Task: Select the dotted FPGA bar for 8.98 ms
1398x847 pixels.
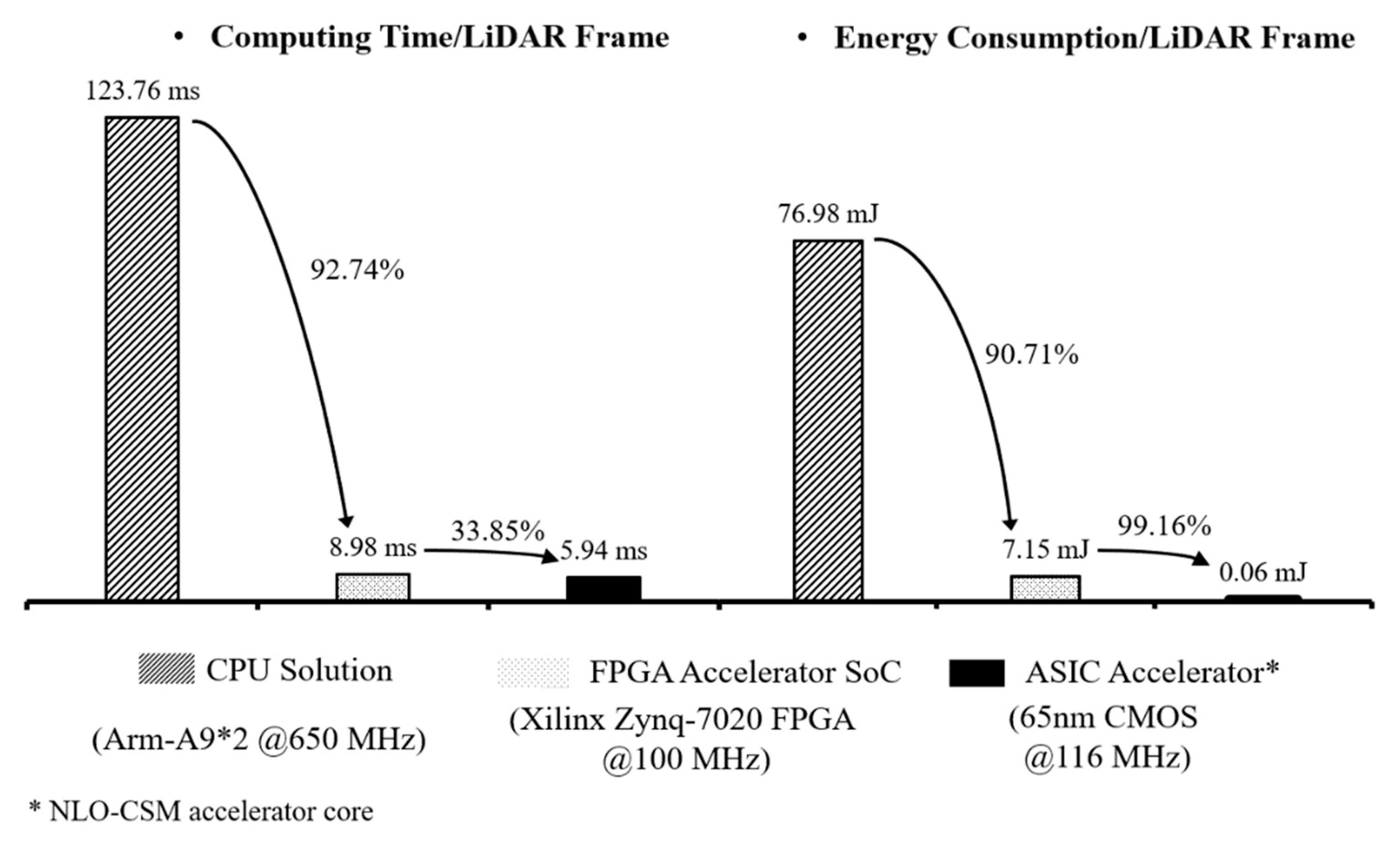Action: (373, 587)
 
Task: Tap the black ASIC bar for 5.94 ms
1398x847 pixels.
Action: (604, 588)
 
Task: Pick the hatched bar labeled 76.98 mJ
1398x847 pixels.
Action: (829, 420)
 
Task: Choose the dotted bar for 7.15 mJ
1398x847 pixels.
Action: (1045, 588)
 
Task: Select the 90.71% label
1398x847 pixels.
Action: (1031, 355)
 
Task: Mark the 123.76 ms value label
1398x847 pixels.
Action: (143, 91)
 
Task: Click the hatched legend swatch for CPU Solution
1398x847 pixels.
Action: (166, 669)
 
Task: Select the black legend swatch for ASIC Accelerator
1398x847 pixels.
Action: (976, 673)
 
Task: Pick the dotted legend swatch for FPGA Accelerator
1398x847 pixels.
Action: (534, 673)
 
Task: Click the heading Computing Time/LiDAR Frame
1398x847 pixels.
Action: (440, 37)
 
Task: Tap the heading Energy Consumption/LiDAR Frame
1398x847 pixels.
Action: (1094, 39)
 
